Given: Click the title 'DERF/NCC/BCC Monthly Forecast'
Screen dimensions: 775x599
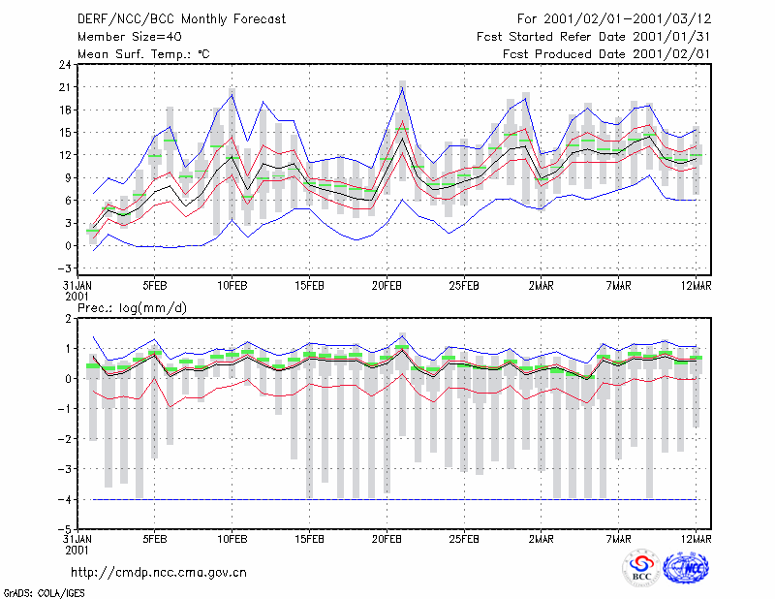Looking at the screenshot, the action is coord(181,19).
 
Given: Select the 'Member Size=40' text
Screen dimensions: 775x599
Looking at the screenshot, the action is coord(130,37).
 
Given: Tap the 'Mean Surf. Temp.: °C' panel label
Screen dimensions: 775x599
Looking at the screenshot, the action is coord(143,54).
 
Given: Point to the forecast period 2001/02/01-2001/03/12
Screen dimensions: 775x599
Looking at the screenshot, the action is coord(627,19).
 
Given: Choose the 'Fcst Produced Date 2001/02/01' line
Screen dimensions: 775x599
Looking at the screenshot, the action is coord(606,54).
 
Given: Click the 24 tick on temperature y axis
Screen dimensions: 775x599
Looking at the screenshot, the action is coord(65,64).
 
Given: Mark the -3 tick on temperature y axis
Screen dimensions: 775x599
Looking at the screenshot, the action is coord(64,268).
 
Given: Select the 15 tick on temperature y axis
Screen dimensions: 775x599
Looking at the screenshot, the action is coord(65,133).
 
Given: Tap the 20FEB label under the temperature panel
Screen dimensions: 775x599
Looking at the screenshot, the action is coord(387,286).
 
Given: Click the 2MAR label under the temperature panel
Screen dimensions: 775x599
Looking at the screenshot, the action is coord(542,286).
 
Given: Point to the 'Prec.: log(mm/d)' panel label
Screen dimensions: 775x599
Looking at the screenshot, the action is coord(132,308).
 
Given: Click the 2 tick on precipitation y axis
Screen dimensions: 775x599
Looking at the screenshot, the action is coord(68,319).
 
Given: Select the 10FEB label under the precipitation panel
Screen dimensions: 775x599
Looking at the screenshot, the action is coord(232,539).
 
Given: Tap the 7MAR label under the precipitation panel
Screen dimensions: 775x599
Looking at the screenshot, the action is coord(618,539).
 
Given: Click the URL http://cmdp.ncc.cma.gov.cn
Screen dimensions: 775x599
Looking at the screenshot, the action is coord(159,573).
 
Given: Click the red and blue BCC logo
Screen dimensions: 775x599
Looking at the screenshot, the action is coord(641,568).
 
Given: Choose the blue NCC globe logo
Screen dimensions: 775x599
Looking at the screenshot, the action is coord(686,568).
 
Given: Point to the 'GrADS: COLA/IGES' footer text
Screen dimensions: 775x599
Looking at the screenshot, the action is coord(44,593).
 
